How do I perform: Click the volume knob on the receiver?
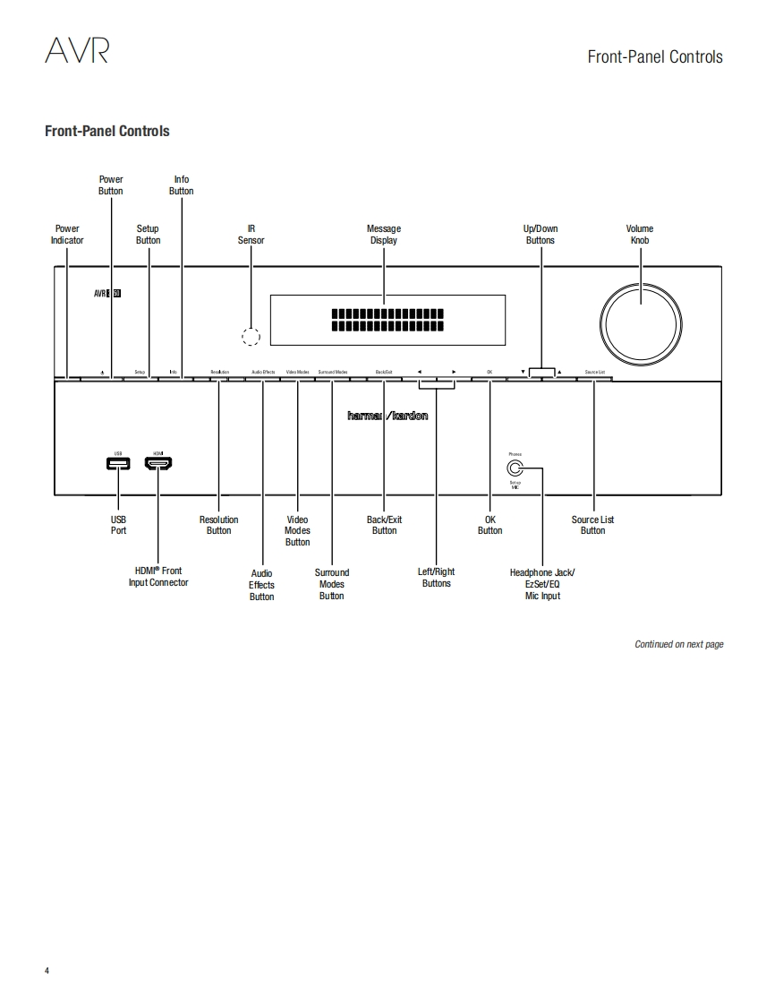pyautogui.click(x=642, y=314)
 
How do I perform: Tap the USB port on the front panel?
pyautogui.click(x=118, y=463)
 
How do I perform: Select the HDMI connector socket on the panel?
pyautogui.click(x=158, y=463)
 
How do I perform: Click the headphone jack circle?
pyautogui.click(x=515, y=468)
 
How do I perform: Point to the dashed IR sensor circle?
pyautogui.click(x=251, y=336)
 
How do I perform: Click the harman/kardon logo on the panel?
pyautogui.click(x=387, y=416)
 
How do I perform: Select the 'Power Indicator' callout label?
pyautogui.click(x=67, y=235)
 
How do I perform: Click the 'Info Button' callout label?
pyautogui.click(x=181, y=185)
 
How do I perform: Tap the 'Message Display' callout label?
pyautogui.click(x=384, y=235)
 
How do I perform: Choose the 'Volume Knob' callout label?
pyautogui.click(x=640, y=235)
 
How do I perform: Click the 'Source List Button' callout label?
pyautogui.click(x=592, y=525)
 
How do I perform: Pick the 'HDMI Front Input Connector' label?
pyautogui.click(x=158, y=577)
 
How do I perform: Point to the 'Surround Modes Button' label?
pyautogui.click(x=332, y=584)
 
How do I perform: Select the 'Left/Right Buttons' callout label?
pyautogui.click(x=437, y=578)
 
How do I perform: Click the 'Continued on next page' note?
pyautogui.click(x=678, y=644)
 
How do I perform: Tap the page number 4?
pyautogui.click(x=47, y=971)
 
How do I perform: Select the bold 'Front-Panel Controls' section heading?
pyautogui.click(x=107, y=132)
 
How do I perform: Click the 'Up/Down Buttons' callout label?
pyautogui.click(x=541, y=235)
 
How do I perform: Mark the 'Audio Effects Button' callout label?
pyautogui.click(x=262, y=585)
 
